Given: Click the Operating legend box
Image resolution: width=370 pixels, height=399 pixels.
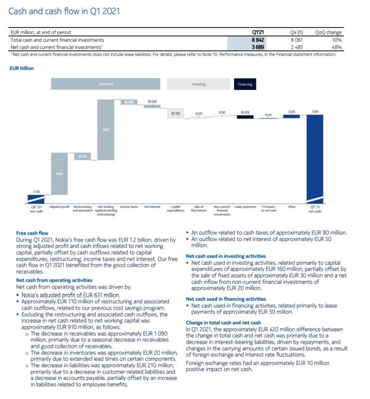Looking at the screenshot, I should [x=106, y=84].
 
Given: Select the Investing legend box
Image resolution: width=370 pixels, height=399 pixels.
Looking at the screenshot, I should [x=198, y=84].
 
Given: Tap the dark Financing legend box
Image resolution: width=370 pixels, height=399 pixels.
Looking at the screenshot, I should [x=245, y=84].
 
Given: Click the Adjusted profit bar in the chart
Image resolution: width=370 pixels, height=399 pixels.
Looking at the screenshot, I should [x=59, y=173].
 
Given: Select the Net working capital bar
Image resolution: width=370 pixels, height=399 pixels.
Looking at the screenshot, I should [x=106, y=129].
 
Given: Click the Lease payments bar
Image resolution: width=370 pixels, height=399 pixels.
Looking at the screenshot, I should [x=245, y=117].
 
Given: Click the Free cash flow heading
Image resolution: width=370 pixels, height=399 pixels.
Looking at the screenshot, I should [x=32, y=233].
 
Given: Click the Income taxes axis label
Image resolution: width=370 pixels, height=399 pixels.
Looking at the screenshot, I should [x=129, y=207].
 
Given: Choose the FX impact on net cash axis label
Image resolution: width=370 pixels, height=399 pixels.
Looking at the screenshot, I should [x=269, y=209].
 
